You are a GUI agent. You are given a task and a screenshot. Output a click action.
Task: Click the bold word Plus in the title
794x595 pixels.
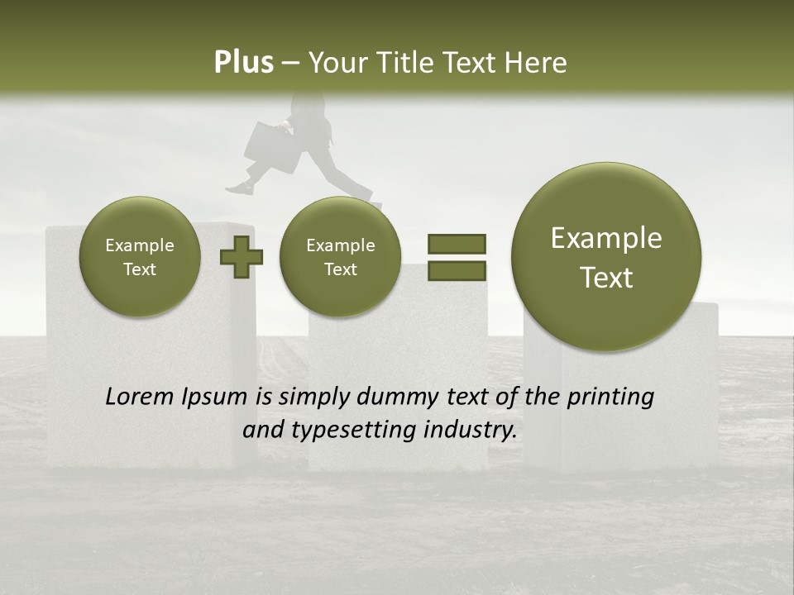pyautogui.click(x=243, y=63)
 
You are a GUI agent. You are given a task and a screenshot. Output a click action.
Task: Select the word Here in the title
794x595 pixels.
pyautogui.click(x=537, y=63)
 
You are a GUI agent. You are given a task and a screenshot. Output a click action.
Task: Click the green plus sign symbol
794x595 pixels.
pyautogui.click(x=241, y=256)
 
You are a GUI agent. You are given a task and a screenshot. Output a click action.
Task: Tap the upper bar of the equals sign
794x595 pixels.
pyautogui.click(x=456, y=244)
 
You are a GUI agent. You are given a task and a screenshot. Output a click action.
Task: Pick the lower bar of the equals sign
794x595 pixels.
pyautogui.click(x=456, y=271)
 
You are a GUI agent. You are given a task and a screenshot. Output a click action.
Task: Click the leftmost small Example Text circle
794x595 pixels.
pyautogui.click(x=139, y=256)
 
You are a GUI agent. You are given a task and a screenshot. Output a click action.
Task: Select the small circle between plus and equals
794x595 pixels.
pyautogui.click(x=340, y=256)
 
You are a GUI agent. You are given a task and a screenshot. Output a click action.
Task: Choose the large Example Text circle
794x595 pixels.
pyautogui.click(x=606, y=257)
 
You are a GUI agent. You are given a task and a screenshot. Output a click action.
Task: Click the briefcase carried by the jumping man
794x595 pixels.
pyautogui.click(x=271, y=147)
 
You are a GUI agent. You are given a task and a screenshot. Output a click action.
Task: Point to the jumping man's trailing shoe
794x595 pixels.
pyautogui.click(x=239, y=188)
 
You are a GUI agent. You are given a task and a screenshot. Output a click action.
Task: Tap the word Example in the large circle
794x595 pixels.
pyautogui.click(x=606, y=238)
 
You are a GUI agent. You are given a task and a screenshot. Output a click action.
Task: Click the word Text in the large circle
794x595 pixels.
pyautogui.click(x=606, y=278)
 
